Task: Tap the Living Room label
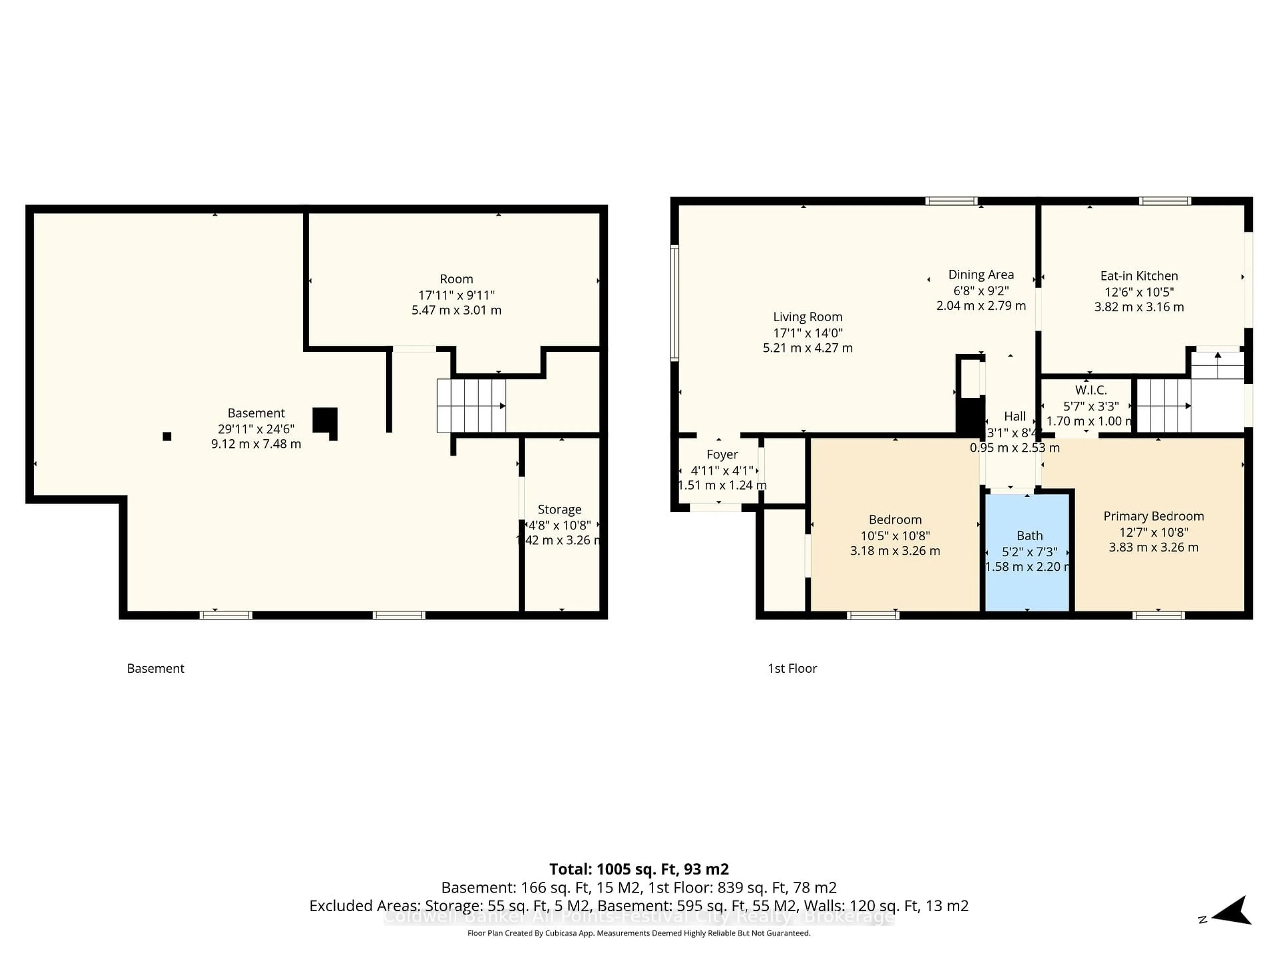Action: pyautogui.click(x=808, y=317)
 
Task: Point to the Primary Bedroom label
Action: pyautogui.click(x=1153, y=516)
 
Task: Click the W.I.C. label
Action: pyautogui.click(x=1090, y=390)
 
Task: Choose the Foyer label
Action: pyautogui.click(x=722, y=454)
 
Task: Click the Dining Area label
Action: pyautogui.click(x=980, y=275)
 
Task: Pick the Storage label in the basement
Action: pyautogui.click(x=559, y=509)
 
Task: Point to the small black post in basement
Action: pyautogui.click(x=167, y=437)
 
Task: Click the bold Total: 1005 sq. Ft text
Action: pyautogui.click(x=638, y=869)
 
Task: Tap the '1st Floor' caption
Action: pyautogui.click(x=792, y=668)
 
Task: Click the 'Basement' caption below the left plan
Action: pyautogui.click(x=155, y=668)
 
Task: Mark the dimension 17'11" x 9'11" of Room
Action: pyautogui.click(x=456, y=295)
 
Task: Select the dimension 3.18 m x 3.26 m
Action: pyautogui.click(x=894, y=551)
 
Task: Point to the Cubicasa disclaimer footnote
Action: pyautogui.click(x=638, y=933)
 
